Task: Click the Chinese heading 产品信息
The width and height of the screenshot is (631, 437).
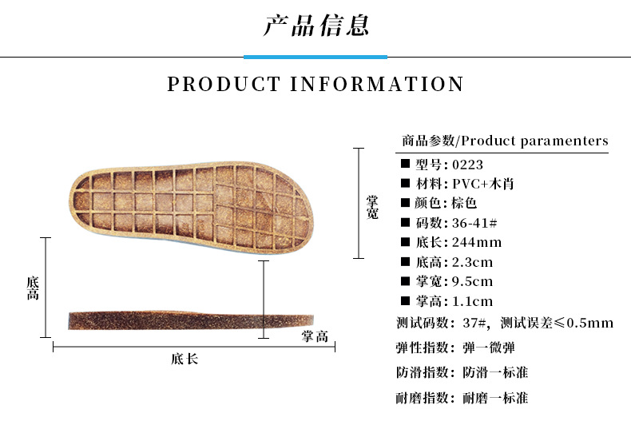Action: click(x=315, y=25)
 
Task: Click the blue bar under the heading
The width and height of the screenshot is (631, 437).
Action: click(x=315, y=58)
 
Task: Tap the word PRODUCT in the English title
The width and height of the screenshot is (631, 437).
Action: click(x=224, y=84)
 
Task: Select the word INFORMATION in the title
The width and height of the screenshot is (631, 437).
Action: click(x=377, y=84)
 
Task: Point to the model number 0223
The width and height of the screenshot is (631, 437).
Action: click(x=467, y=165)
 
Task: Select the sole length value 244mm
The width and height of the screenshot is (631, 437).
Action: click(x=477, y=242)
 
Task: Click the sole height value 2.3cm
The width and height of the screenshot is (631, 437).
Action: click(x=472, y=262)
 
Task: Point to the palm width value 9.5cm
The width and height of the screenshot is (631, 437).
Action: click(x=472, y=281)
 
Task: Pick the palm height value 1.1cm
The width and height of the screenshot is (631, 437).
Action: click(x=472, y=301)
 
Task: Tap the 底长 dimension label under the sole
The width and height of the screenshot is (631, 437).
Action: click(x=185, y=359)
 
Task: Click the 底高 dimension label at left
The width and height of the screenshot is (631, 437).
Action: click(x=33, y=288)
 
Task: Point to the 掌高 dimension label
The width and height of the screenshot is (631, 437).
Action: click(x=315, y=336)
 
